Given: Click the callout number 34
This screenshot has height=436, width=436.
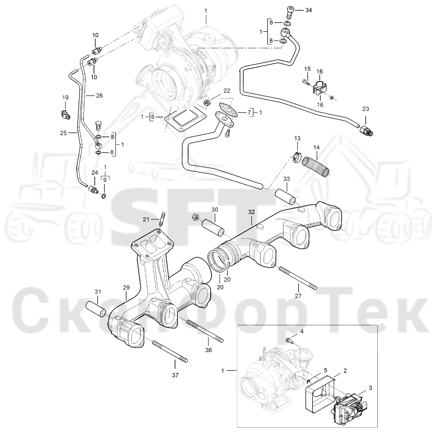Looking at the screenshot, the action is (x=308, y=10).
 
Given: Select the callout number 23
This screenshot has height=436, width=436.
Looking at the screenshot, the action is (x=365, y=109).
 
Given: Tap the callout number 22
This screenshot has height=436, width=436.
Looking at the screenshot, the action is (x=227, y=91).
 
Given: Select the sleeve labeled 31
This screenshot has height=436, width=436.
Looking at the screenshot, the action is (x=96, y=309).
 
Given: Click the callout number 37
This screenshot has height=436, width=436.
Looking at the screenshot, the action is (x=175, y=375).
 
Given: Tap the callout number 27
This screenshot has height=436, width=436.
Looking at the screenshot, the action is (x=298, y=296).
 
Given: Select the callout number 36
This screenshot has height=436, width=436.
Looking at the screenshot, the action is (x=208, y=350).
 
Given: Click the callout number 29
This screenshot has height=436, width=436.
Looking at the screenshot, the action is (x=126, y=288).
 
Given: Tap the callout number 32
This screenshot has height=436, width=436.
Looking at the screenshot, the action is (x=251, y=212).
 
